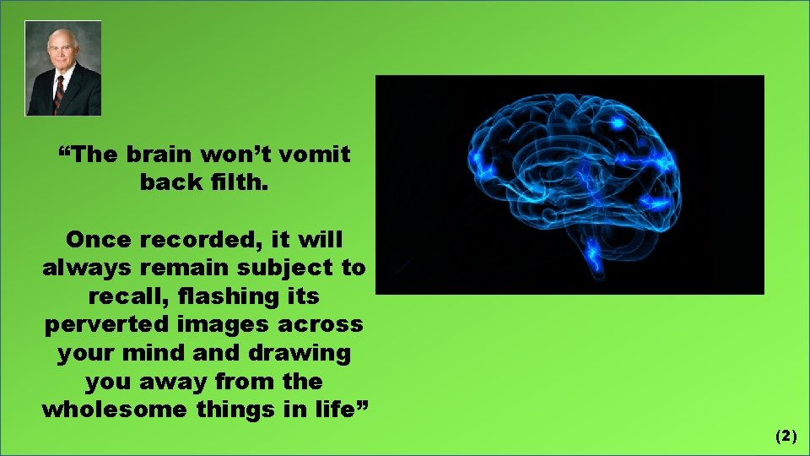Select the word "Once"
pyautogui.click(x=98, y=240)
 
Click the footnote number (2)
pyautogui.click(x=786, y=436)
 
